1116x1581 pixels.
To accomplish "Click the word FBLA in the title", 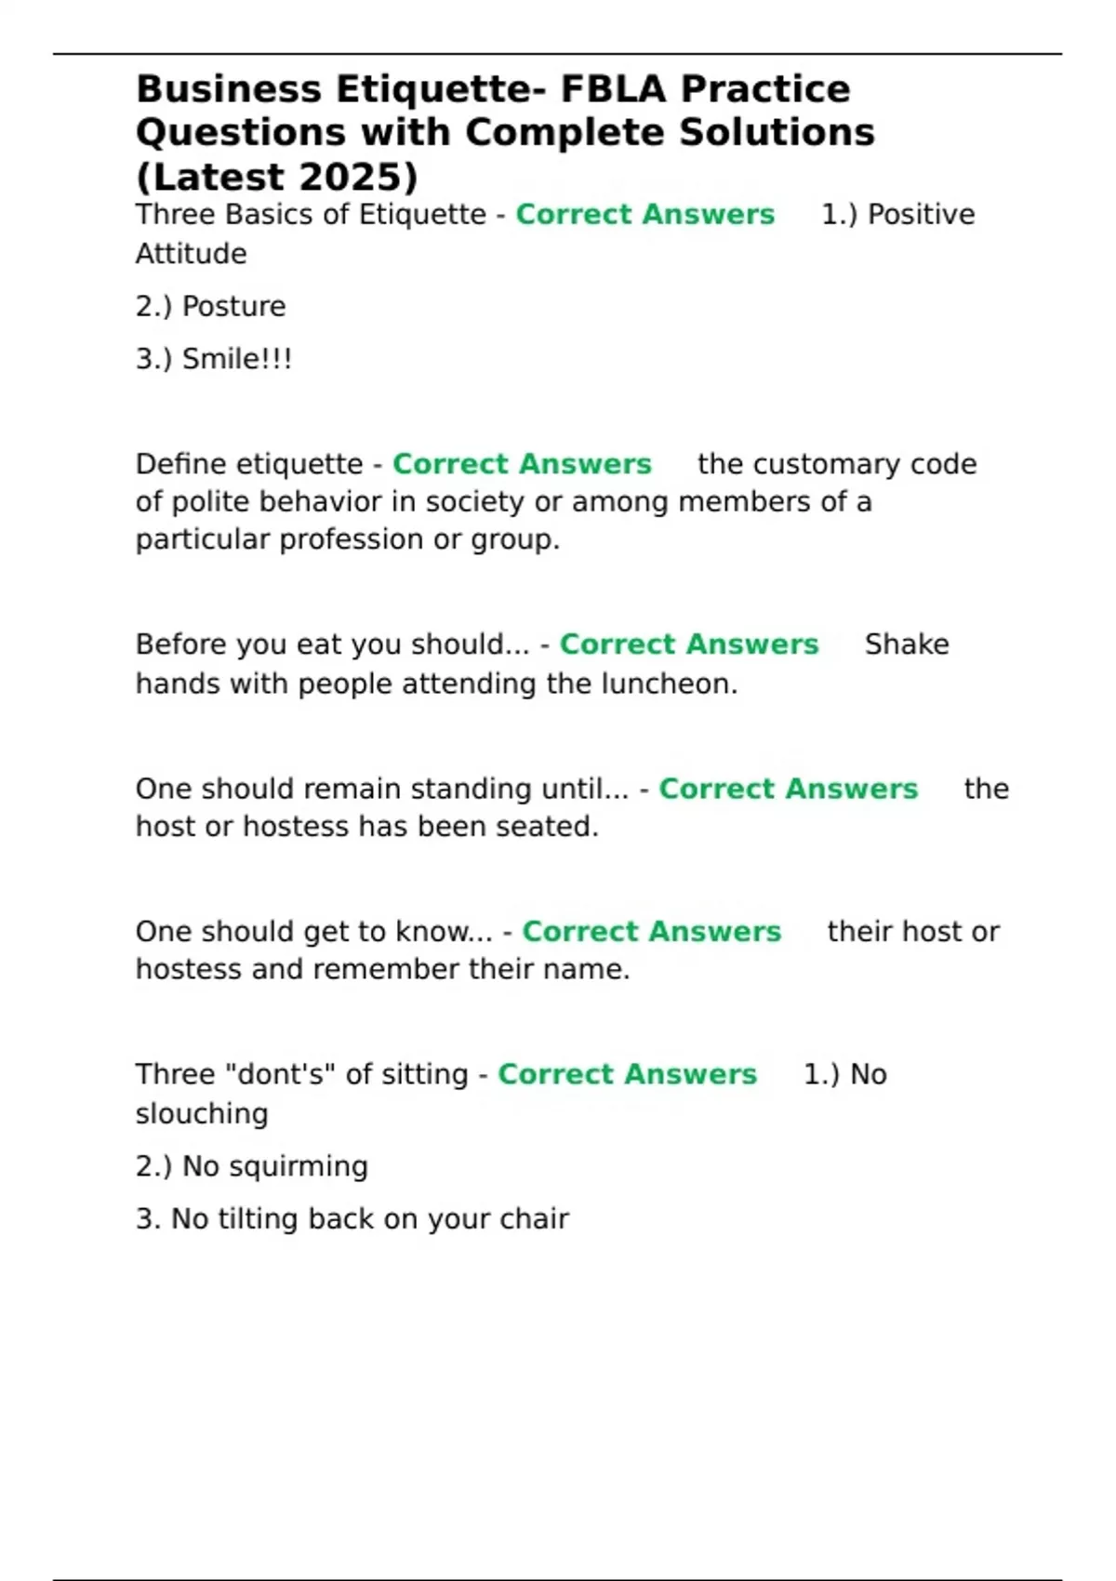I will pyautogui.click(x=613, y=89).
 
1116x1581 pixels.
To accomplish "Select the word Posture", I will pyautogui.click(x=233, y=306).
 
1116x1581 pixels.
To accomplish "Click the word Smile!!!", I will pyautogui.click(x=236, y=359).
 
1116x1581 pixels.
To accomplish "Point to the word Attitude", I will pyautogui.click(x=191, y=254).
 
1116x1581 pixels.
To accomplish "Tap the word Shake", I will pyautogui.click(x=907, y=644).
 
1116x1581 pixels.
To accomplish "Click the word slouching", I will pyautogui.click(x=202, y=1114).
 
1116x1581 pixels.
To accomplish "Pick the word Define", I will pyautogui.click(x=182, y=464).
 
